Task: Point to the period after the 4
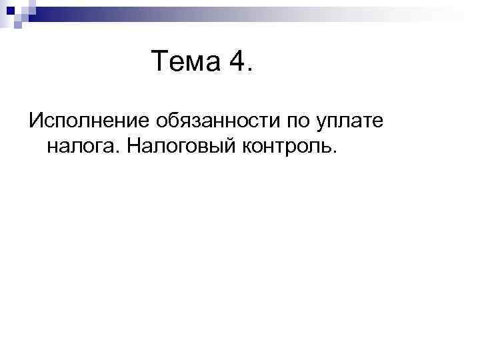(x=250, y=69)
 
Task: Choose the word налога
(x=79, y=145)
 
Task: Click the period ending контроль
(x=335, y=151)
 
